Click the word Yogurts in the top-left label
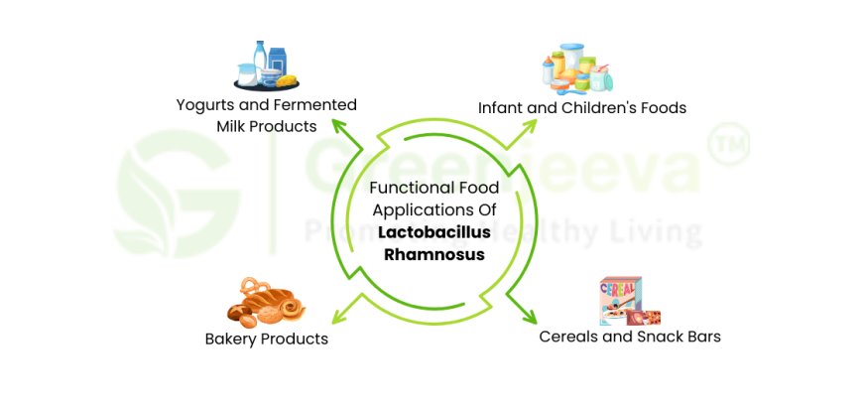[x=201, y=105]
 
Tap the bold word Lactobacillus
[x=434, y=232]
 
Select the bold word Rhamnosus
[x=434, y=255]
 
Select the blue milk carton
[x=278, y=61]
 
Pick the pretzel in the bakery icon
[x=255, y=286]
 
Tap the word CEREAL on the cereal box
[x=620, y=289]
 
